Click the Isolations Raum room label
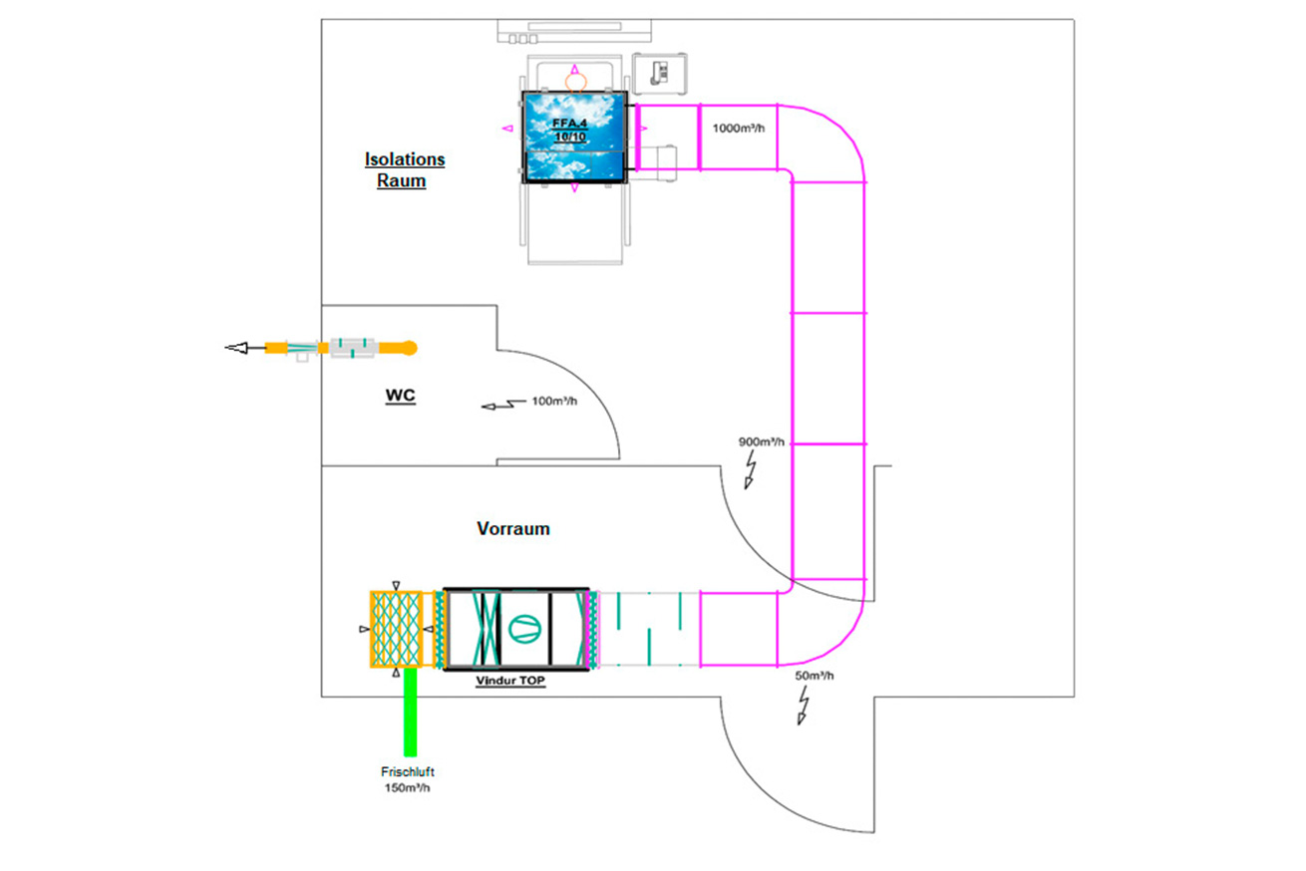click(405, 169)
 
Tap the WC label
click(401, 396)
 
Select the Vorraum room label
click(513, 528)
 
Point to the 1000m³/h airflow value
click(738, 128)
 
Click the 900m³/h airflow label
click(762, 441)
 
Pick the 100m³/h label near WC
click(554, 401)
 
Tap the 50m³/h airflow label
click(815, 675)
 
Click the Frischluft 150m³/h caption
click(408, 779)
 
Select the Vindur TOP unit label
click(510, 681)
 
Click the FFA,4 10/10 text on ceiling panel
click(570, 130)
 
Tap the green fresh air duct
click(411, 712)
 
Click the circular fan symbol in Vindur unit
click(524, 629)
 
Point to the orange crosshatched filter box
click(396, 629)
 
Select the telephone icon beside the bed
click(659, 73)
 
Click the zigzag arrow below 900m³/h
click(751, 469)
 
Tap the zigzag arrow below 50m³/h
click(804, 705)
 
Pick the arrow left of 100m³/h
click(503, 404)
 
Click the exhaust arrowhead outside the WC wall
click(236, 348)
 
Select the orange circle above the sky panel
click(576, 83)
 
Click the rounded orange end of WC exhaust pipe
click(410, 348)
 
